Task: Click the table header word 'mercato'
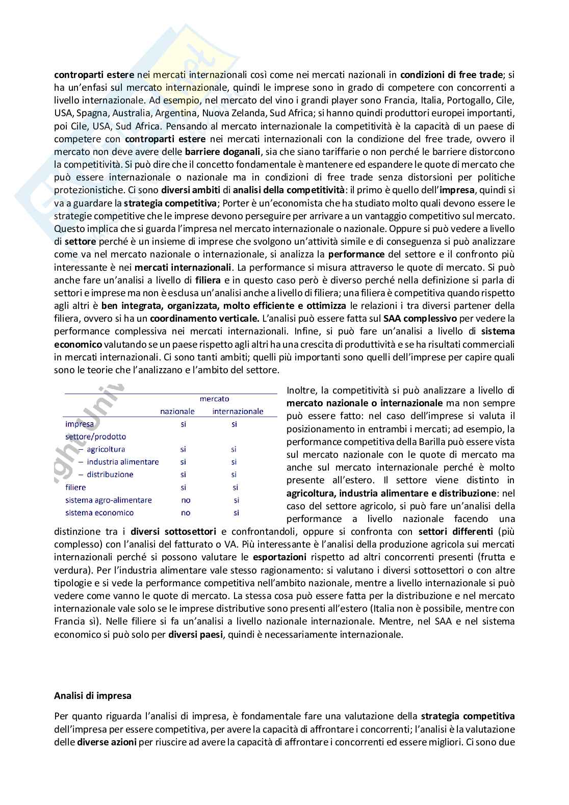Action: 214,399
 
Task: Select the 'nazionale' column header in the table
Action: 177,411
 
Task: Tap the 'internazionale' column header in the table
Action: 238,411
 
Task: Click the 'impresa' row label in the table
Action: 80,424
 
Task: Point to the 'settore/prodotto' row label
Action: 95,436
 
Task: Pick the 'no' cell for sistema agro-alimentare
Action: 186,500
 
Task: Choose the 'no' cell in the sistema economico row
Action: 186,513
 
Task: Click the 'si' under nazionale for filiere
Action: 184,487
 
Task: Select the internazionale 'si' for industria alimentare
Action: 234,462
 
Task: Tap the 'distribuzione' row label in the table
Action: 110,475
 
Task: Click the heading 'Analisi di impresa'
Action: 93,695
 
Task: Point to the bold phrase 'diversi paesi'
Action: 196,634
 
